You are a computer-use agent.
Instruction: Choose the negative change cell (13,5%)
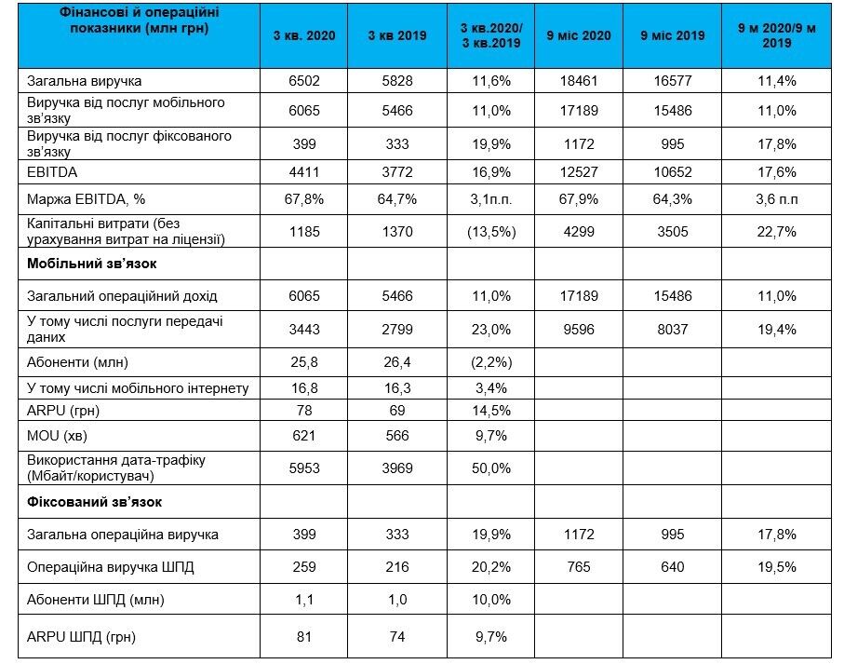[x=490, y=232]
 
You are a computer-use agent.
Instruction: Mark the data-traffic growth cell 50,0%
[x=490, y=468]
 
